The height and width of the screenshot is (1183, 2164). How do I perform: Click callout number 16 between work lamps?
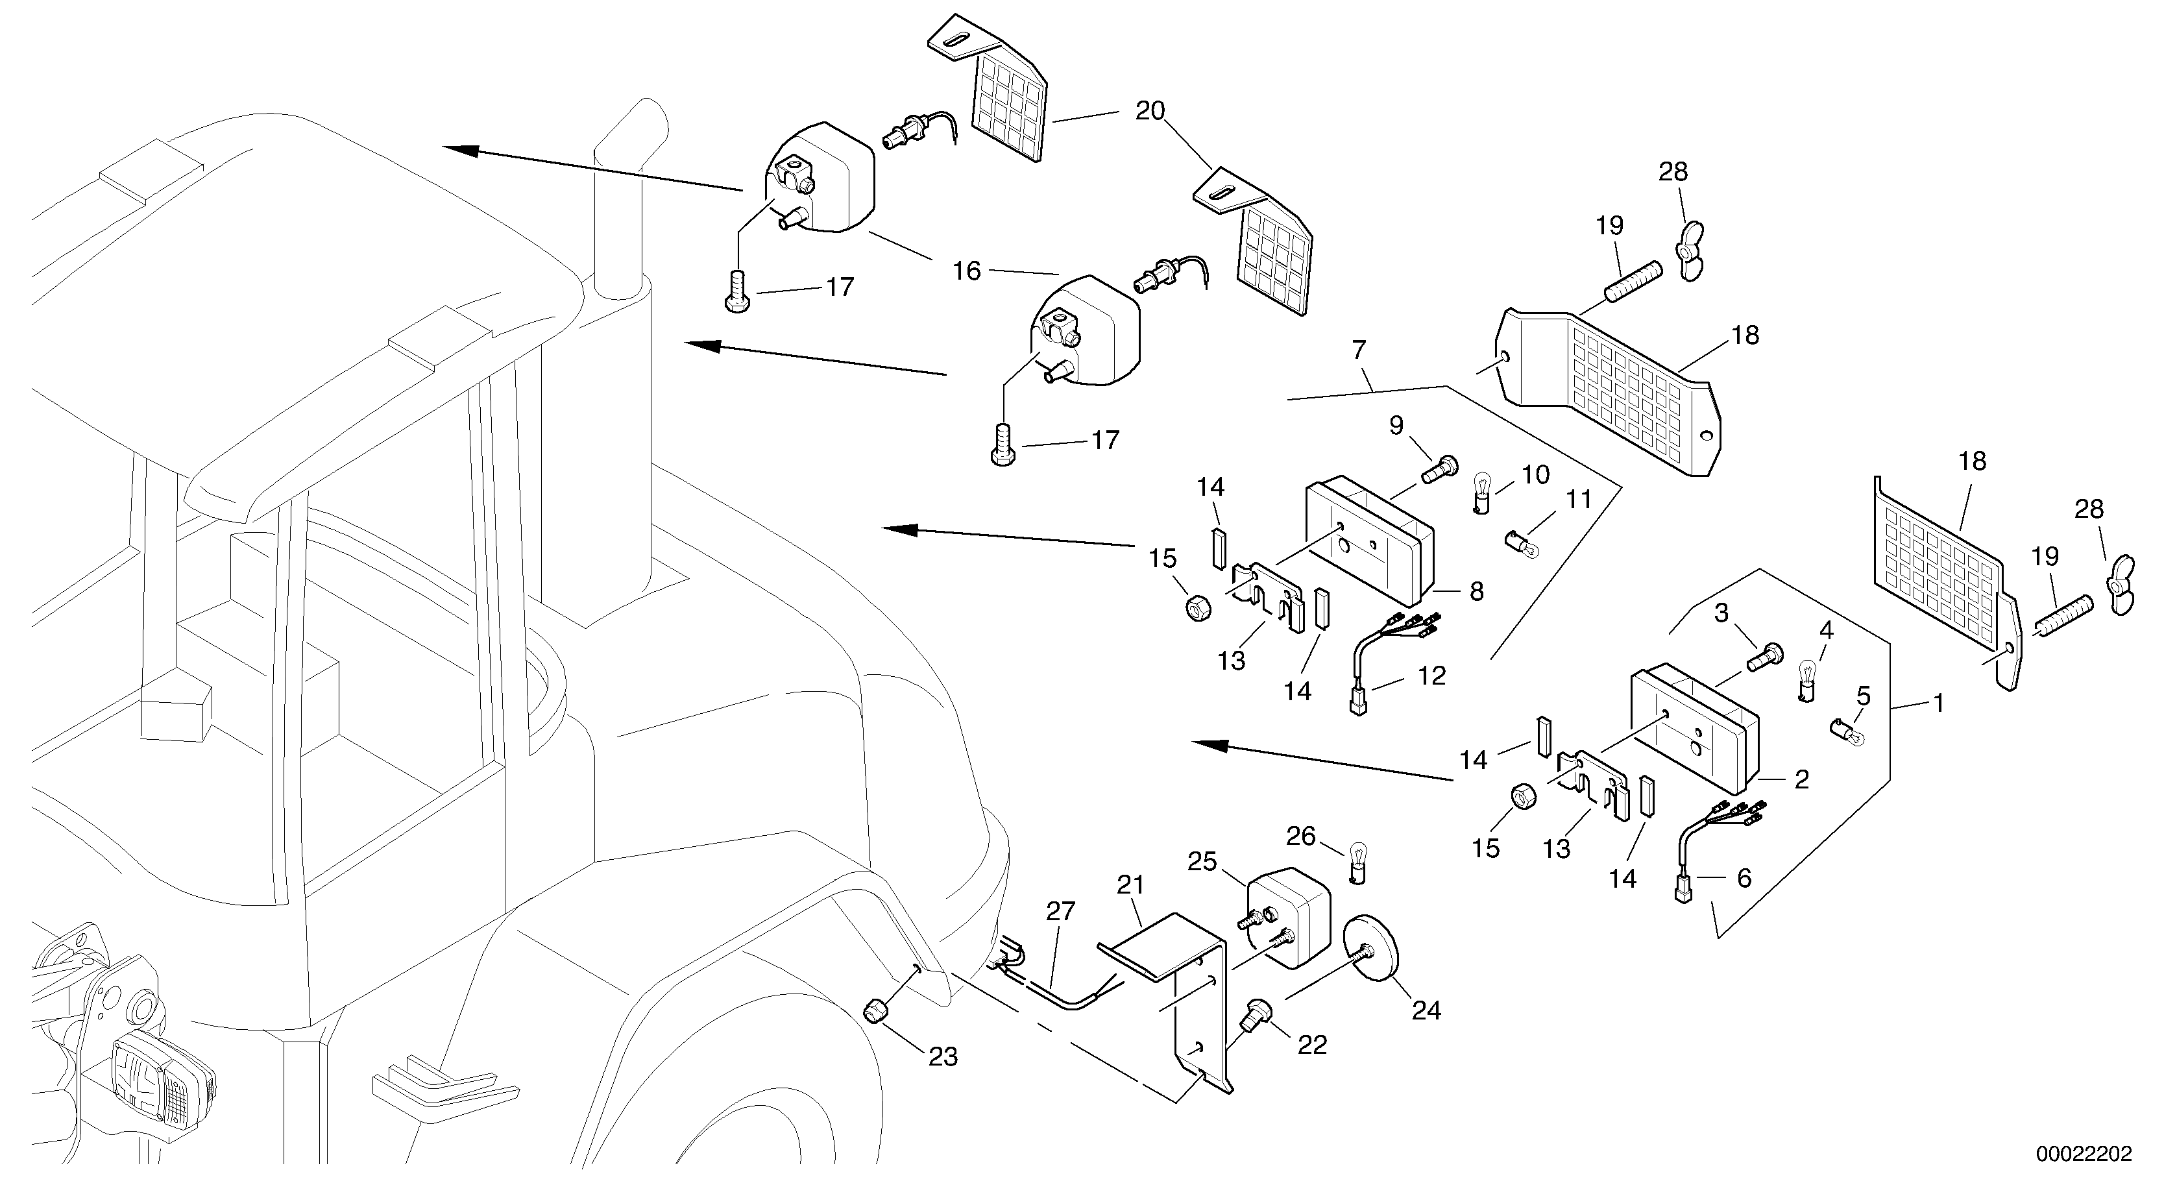click(966, 271)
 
